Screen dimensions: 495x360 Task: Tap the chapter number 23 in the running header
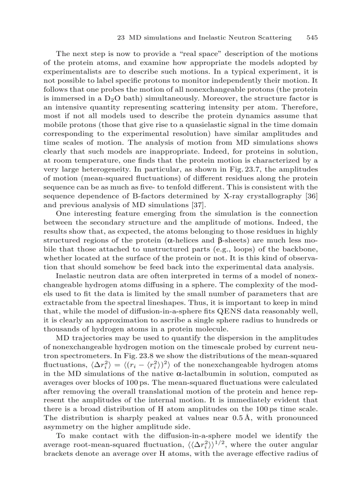click(123, 37)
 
